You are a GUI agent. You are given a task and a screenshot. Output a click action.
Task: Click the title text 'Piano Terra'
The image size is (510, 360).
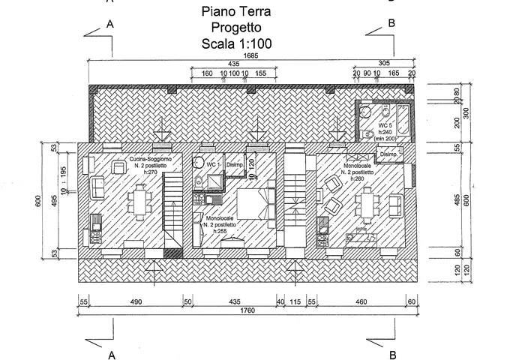236,12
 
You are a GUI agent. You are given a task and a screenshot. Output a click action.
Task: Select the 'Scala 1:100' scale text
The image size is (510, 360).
236,44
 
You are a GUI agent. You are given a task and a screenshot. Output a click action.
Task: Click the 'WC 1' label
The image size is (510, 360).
212,164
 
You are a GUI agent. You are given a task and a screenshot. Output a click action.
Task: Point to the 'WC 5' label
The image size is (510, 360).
383,124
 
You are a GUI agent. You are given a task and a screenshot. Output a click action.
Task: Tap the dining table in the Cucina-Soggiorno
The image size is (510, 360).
139,201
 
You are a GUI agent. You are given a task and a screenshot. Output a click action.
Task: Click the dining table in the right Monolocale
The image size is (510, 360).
367,202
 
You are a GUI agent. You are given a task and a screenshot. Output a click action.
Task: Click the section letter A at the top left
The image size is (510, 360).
111,24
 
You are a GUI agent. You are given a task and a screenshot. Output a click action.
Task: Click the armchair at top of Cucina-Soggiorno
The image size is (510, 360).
118,166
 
